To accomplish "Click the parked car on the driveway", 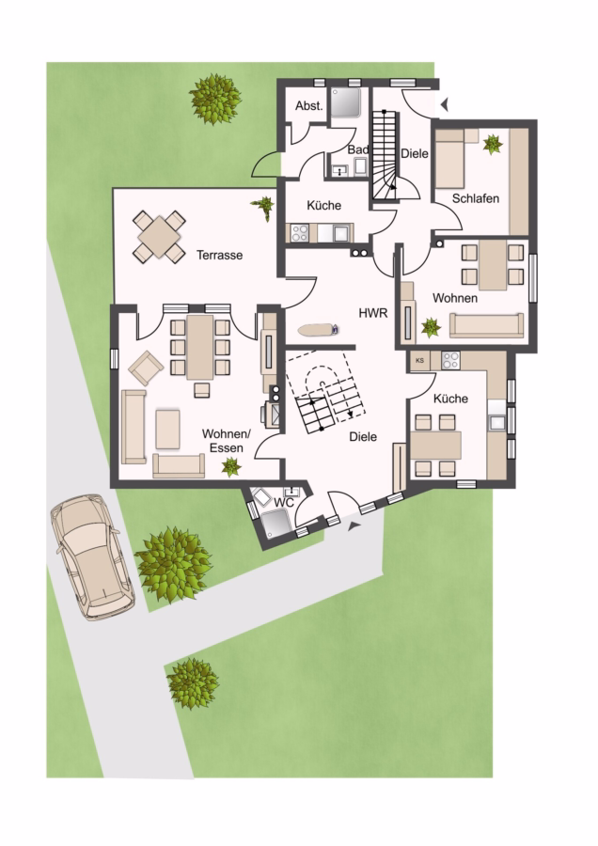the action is (x=92, y=556).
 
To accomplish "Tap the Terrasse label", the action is (x=219, y=255).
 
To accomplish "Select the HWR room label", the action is (x=373, y=313).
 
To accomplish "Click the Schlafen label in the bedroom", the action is (x=476, y=198).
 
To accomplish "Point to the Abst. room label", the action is (x=308, y=105).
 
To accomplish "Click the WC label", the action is (x=283, y=503).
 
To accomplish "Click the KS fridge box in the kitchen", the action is (x=420, y=360).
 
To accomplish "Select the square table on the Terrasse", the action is (x=159, y=237).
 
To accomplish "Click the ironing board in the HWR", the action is (x=319, y=329).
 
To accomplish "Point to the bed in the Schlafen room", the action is (x=450, y=159).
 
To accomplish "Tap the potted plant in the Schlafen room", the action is (x=492, y=145).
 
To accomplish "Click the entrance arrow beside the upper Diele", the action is (x=444, y=104).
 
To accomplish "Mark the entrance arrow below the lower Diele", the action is (x=354, y=526).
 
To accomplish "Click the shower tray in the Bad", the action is (x=345, y=102).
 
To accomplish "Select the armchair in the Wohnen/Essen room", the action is (x=146, y=368).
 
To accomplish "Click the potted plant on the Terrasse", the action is (x=264, y=207).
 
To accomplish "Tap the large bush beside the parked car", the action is (x=173, y=565).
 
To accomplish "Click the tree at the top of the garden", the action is (x=214, y=100).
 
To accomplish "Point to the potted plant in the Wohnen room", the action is (x=431, y=327).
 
